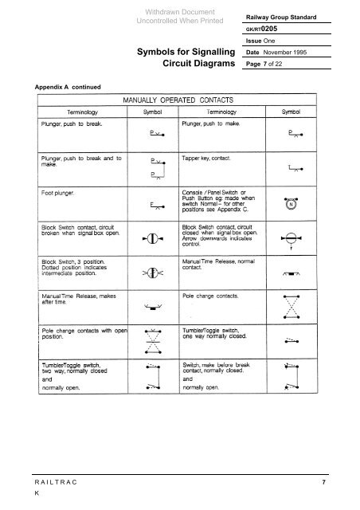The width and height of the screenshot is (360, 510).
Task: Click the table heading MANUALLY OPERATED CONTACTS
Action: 176,100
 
